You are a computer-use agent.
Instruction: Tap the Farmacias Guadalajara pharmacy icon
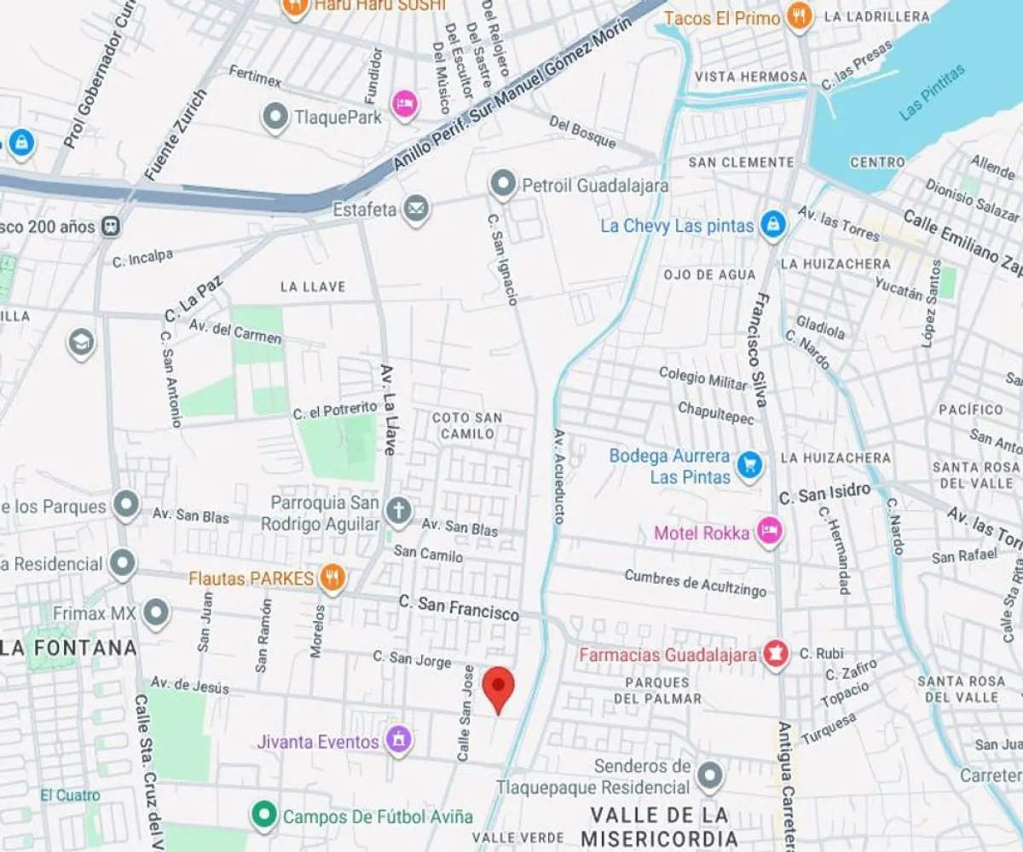(x=775, y=654)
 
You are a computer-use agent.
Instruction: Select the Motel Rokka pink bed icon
(x=770, y=532)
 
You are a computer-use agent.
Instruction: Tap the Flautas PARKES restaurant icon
(x=332, y=579)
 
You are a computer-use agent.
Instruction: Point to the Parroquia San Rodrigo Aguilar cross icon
(x=397, y=511)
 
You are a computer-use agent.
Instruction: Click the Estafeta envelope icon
(x=416, y=208)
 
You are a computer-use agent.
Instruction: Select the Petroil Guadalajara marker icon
(x=503, y=184)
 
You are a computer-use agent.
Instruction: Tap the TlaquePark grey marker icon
(x=275, y=118)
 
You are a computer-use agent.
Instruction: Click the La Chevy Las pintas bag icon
(x=773, y=225)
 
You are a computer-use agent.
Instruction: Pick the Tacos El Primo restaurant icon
(x=799, y=16)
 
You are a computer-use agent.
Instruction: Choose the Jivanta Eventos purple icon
(x=398, y=740)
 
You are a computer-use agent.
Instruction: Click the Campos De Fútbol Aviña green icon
(x=264, y=815)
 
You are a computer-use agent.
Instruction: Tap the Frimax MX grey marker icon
(x=156, y=613)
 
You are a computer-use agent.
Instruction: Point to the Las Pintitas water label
(x=933, y=91)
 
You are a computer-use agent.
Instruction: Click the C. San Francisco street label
(x=459, y=607)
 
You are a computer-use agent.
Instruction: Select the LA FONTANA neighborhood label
(x=68, y=648)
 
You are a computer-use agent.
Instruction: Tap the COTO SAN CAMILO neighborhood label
(x=467, y=425)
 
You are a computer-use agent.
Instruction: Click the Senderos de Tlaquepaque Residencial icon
(x=709, y=775)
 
